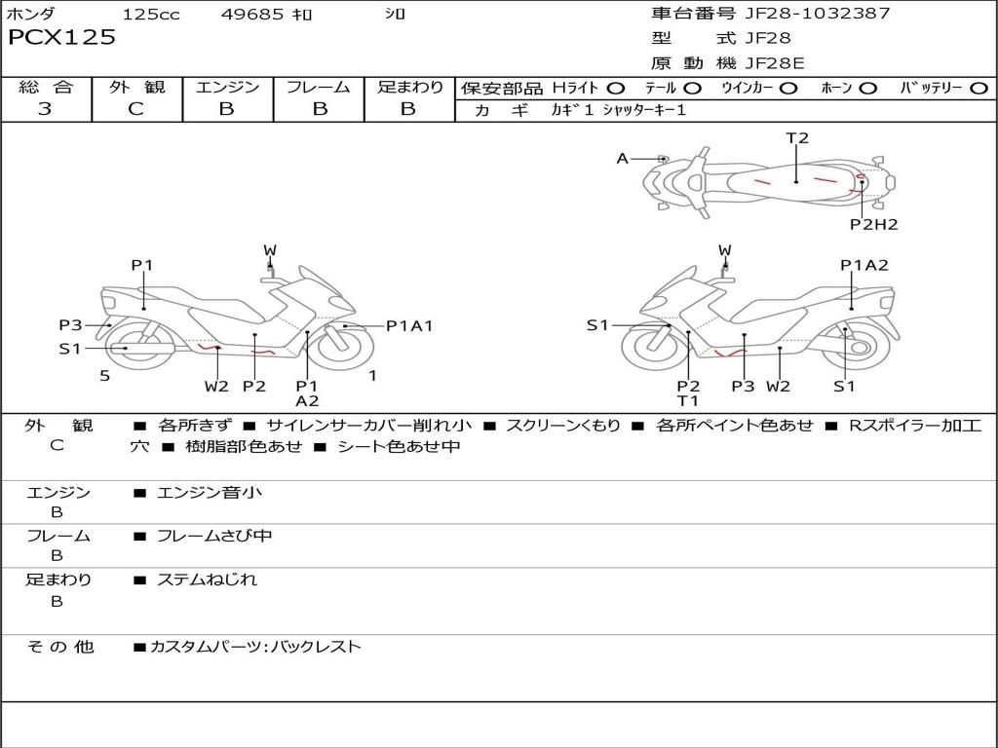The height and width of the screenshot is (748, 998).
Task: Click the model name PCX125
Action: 61,38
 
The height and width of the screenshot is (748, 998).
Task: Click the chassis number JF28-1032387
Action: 804,14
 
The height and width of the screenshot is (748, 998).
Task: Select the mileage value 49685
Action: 251,15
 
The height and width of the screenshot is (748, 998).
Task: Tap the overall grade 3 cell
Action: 45,109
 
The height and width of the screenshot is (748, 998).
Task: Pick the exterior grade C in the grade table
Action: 135,109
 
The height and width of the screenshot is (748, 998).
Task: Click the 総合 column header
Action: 45,88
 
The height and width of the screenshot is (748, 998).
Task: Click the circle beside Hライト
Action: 616,89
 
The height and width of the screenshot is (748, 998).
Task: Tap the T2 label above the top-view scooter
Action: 797,138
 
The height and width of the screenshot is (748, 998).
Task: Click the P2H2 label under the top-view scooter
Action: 873,225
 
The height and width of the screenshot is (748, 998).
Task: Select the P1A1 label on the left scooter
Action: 409,326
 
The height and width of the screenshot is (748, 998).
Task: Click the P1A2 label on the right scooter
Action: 864,265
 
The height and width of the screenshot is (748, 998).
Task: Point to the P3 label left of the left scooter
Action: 70,325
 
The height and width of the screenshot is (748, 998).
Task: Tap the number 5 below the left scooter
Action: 104,376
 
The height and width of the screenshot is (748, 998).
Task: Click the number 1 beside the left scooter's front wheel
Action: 372,375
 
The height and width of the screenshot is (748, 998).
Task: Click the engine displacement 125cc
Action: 151,15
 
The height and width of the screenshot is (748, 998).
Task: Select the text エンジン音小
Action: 210,493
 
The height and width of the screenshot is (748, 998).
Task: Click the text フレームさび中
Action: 214,536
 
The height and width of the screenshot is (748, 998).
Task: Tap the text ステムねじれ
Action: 208,580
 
